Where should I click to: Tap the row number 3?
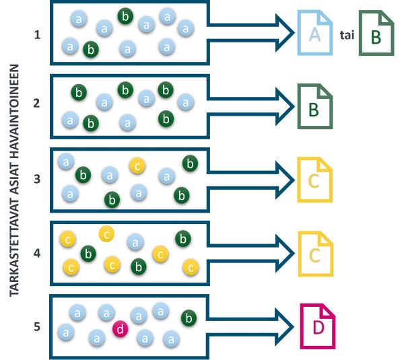tap(38, 178)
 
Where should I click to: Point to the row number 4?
tap(38, 254)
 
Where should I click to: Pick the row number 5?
tap(38, 328)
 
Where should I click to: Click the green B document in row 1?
tap(376, 34)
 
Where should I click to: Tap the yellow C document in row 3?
tap(314, 180)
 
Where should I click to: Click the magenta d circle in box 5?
tap(120, 328)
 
